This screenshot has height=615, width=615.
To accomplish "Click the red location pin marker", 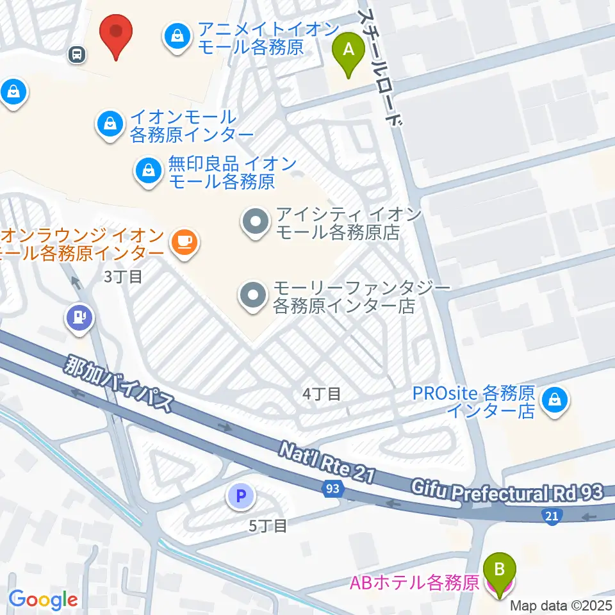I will click(x=116, y=34).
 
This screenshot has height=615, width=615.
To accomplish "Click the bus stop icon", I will click(x=77, y=54).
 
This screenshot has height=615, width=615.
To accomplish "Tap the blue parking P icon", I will click(x=241, y=495).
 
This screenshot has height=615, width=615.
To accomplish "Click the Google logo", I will click(x=43, y=600).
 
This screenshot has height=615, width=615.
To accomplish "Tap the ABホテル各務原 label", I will click(x=414, y=583).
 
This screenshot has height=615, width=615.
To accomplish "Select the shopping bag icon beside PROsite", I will click(x=552, y=401).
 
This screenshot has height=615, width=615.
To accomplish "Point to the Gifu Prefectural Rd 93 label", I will click(x=507, y=493).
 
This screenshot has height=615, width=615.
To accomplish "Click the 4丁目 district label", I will click(x=321, y=394).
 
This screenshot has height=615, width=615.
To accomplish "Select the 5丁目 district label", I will click(x=268, y=526).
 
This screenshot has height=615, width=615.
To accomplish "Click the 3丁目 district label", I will click(x=122, y=276).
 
